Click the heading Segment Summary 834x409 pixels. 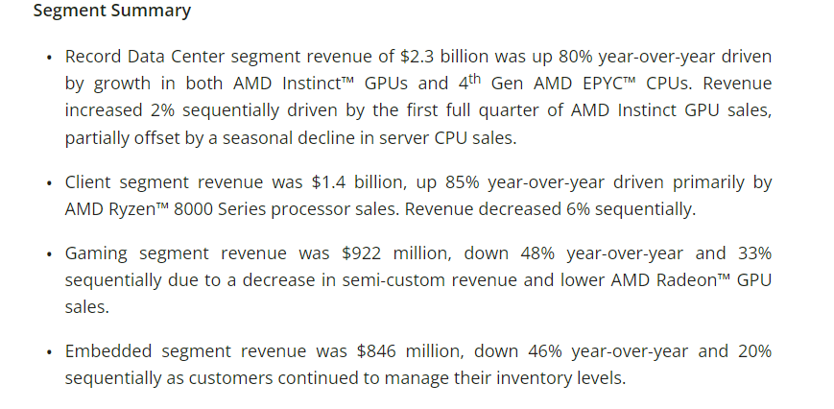click(x=111, y=12)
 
